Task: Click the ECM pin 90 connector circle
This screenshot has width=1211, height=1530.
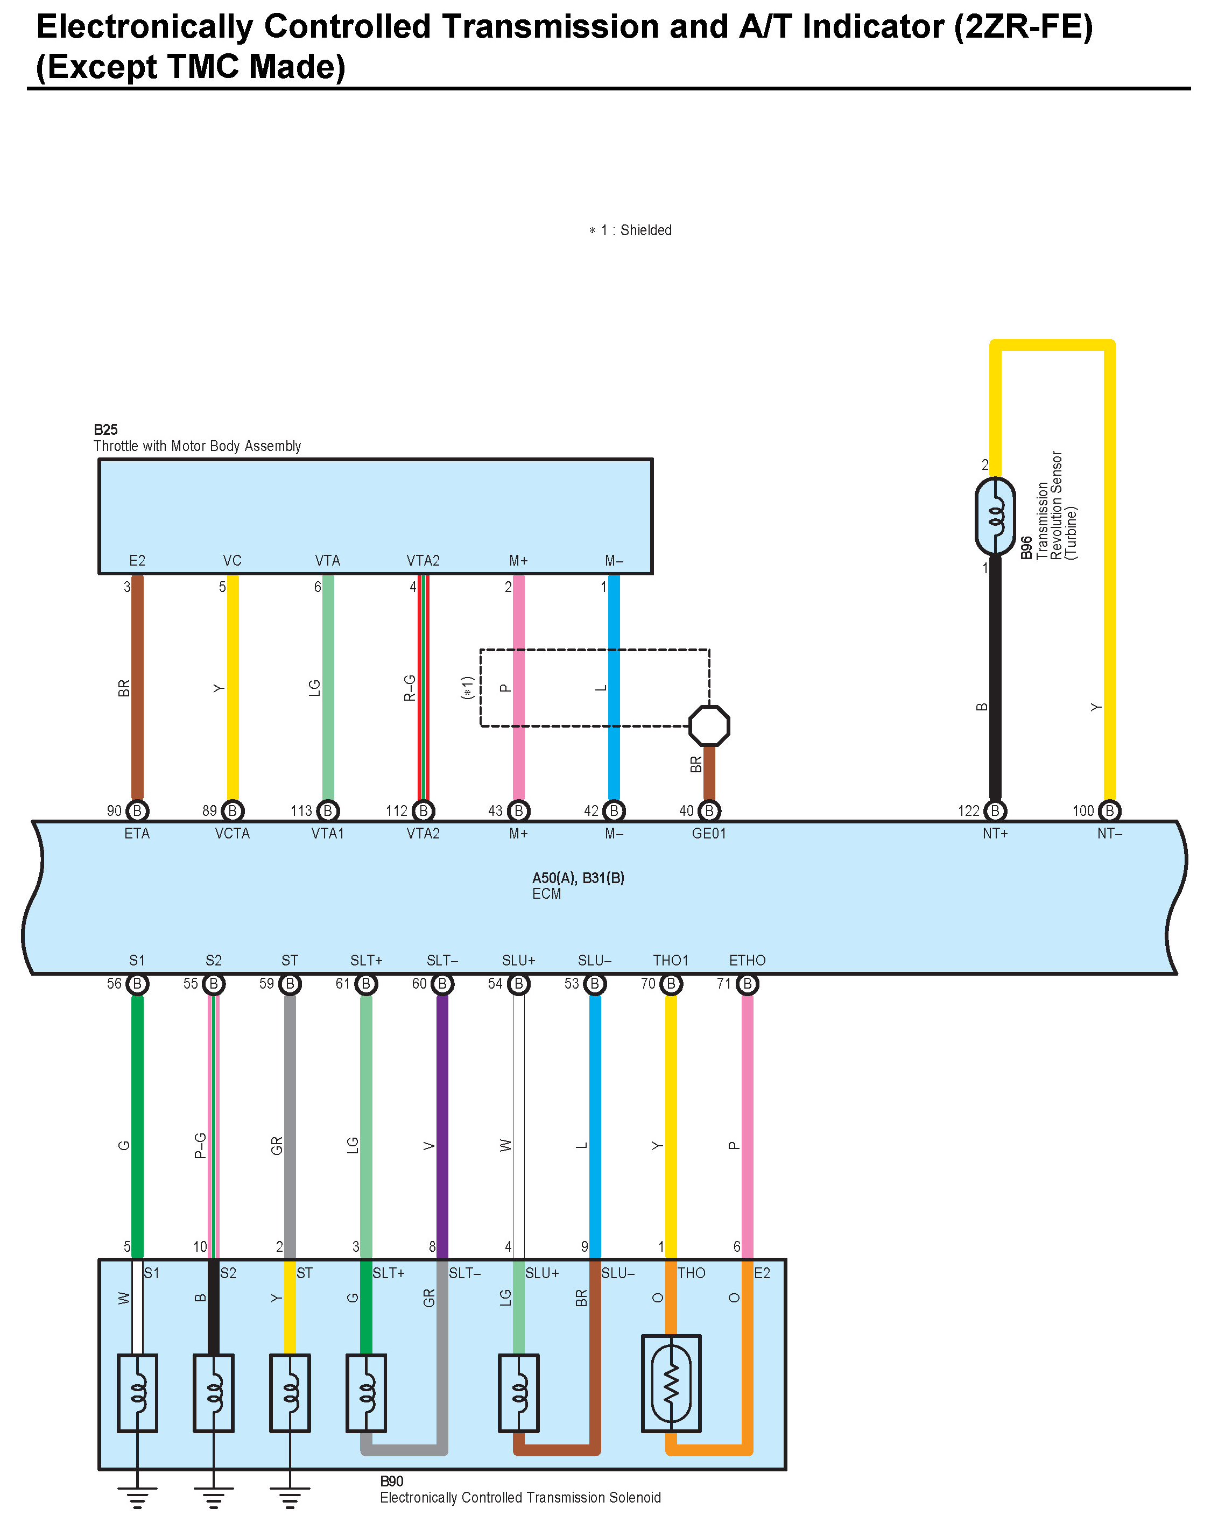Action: tap(137, 810)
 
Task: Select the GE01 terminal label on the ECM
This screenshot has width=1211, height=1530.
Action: tap(708, 834)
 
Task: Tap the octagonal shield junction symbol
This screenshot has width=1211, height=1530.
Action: tap(709, 725)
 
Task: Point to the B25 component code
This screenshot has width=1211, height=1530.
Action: tap(105, 429)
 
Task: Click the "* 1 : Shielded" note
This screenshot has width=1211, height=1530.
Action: tap(630, 230)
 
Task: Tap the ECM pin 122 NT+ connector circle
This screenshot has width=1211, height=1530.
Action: tap(995, 810)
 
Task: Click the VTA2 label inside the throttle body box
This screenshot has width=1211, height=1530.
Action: tap(423, 561)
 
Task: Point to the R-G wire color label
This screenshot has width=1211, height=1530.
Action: tap(410, 688)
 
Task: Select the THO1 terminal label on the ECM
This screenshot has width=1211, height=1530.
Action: tap(671, 961)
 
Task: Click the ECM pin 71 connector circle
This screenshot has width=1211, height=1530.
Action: tap(747, 984)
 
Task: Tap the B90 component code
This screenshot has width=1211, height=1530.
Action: tap(391, 1481)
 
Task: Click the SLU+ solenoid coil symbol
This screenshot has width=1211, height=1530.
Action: tap(518, 1393)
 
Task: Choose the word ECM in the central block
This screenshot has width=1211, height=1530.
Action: tap(547, 894)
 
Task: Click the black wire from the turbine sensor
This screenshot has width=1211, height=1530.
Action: tap(995, 681)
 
